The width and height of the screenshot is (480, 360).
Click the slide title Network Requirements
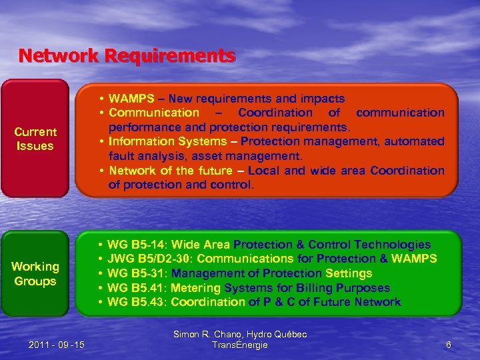pyautogui.click(x=127, y=55)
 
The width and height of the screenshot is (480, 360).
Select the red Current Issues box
pyautogui.click(x=35, y=139)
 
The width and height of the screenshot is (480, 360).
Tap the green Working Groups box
pyautogui.click(x=35, y=273)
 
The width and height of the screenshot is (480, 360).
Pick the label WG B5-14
pyautogui.click(x=136, y=245)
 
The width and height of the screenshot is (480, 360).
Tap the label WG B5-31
pyautogui.click(x=136, y=273)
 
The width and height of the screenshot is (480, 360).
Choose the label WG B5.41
pyautogui.click(x=136, y=288)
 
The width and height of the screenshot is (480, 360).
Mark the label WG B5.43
pyautogui.click(x=136, y=302)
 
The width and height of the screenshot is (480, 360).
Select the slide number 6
pyautogui.click(x=449, y=345)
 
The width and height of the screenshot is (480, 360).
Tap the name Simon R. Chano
pyautogui.click(x=209, y=334)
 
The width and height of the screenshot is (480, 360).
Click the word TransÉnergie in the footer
pyautogui.click(x=239, y=345)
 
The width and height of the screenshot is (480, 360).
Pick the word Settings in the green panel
pyautogui.click(x=349, y=273)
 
